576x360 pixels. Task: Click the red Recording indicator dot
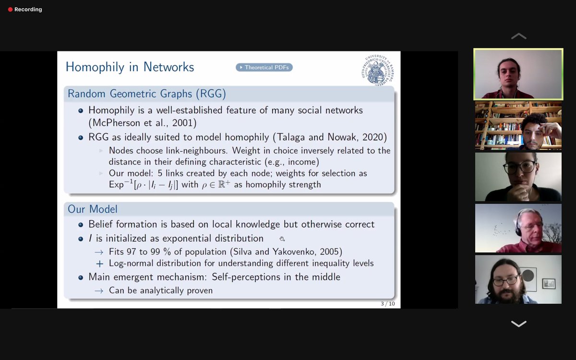pyautogui.click(x=10, y=10)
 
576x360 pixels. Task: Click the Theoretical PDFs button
pyautogui.click(x=264, y=67)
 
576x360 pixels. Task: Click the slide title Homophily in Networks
pyautogui.click(x=130, y=67)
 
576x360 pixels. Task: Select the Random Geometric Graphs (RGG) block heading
pyautogui.click(x=146, y=94)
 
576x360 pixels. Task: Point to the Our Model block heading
pyautogui.click(x=92, y=209)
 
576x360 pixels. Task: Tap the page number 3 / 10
pyautogui.click(x=388, y=303)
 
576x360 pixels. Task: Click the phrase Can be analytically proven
pyautogui.click(x=160, y=290)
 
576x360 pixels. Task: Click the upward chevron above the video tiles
pyautogui.click(x=518, y=36)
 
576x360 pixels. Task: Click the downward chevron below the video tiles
pyautogui.click(x=518, y=324)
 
